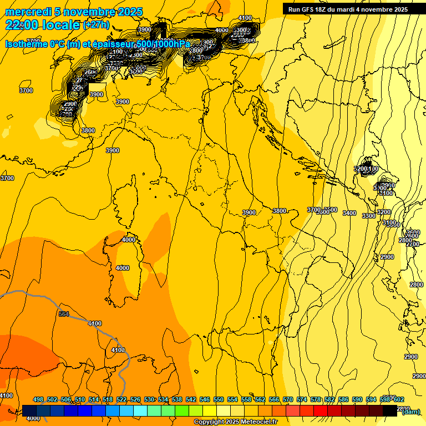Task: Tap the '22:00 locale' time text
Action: point(43,24)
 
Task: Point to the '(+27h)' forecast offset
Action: point(96,25)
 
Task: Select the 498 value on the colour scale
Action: point(38,399)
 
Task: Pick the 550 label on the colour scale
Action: point(219,399)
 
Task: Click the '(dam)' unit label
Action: point(410,411)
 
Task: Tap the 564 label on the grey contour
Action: point(64,315)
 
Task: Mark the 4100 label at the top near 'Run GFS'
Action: point(245,18)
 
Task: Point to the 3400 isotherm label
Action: point(349,213)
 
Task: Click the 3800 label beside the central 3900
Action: point(280,211)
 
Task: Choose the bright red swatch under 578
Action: point(320,410)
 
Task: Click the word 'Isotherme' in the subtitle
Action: point(26,44)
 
